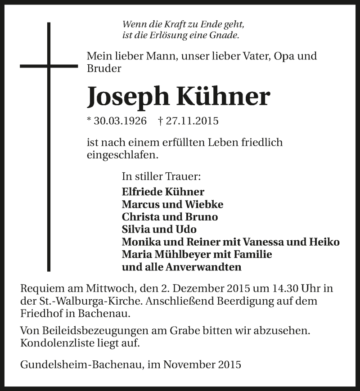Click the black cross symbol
point(49,66)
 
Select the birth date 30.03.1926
point(119,121)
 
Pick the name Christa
point(139,217)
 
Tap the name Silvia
point(135,229)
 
